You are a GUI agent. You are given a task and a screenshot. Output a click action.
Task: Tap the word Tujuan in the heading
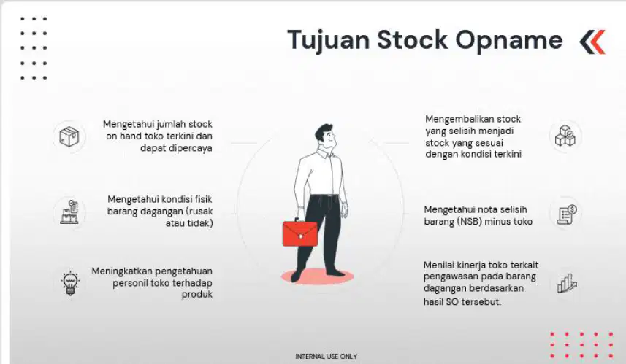click(328, 41)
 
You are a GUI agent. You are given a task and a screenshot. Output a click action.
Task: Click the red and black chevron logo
click(592, 42)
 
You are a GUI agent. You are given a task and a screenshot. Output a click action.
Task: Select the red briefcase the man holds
click(300, 233)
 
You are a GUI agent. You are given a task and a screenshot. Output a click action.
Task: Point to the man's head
click(325, 136)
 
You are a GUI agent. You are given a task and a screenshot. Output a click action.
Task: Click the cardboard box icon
click(69, 136)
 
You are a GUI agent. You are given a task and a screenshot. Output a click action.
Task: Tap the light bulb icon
click(70, 283)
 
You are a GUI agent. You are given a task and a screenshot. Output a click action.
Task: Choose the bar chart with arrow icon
click(567, 283)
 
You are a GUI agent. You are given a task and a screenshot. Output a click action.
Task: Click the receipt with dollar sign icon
click(567, 214)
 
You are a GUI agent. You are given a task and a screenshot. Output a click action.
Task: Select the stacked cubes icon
click(565, 136)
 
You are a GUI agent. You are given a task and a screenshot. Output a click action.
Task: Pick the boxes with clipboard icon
click(69, 212)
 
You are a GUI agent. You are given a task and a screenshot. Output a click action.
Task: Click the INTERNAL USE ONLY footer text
click(327, 357)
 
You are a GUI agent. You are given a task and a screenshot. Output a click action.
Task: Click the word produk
click(197, 295)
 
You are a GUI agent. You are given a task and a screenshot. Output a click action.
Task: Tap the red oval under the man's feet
click(318, 276)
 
